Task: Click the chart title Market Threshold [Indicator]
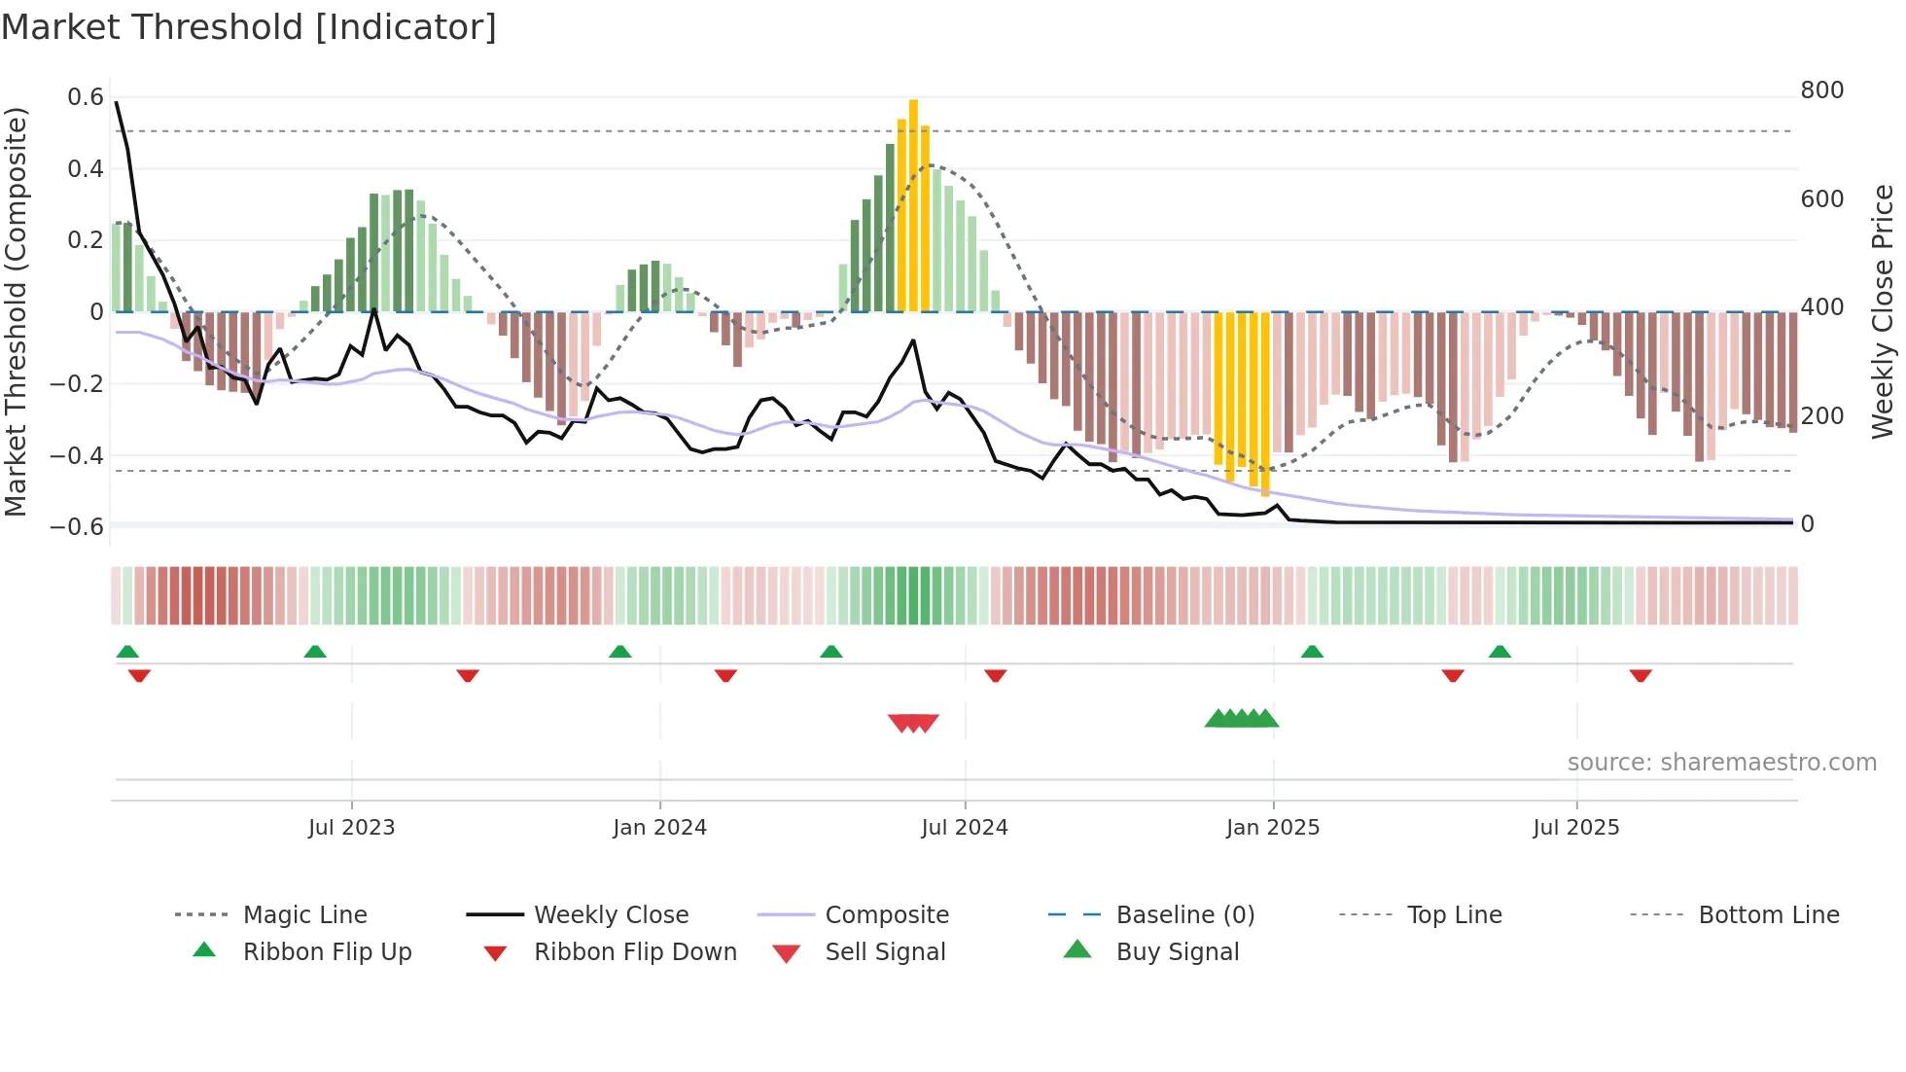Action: tap(249, 27)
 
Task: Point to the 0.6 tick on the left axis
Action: tap(86, 97)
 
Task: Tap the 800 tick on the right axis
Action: tap(1821, 90)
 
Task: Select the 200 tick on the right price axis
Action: tap(1821, 416)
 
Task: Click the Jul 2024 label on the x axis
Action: tap(964, 828)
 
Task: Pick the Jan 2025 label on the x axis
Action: tap(1272, 828)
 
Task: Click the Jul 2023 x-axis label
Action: tap(351, 828)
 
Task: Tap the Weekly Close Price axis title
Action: tap(1883, 311)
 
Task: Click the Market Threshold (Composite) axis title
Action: tap(16, 311)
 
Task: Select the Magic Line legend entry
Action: tap(304, 915)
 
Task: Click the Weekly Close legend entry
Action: tap(611, 915)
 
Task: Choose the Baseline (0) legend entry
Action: tap(1184, 915)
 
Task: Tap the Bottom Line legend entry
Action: tap(1768, 915)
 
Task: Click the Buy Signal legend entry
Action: tap(1177, 952)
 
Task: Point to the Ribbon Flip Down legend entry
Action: tap(635, 952)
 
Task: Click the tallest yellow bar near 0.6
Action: tap(913, 204)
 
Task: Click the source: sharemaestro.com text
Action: tap(1721, 763)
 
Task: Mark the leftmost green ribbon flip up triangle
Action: tap(127, 652)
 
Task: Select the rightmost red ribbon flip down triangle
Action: tap(1641, 675)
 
